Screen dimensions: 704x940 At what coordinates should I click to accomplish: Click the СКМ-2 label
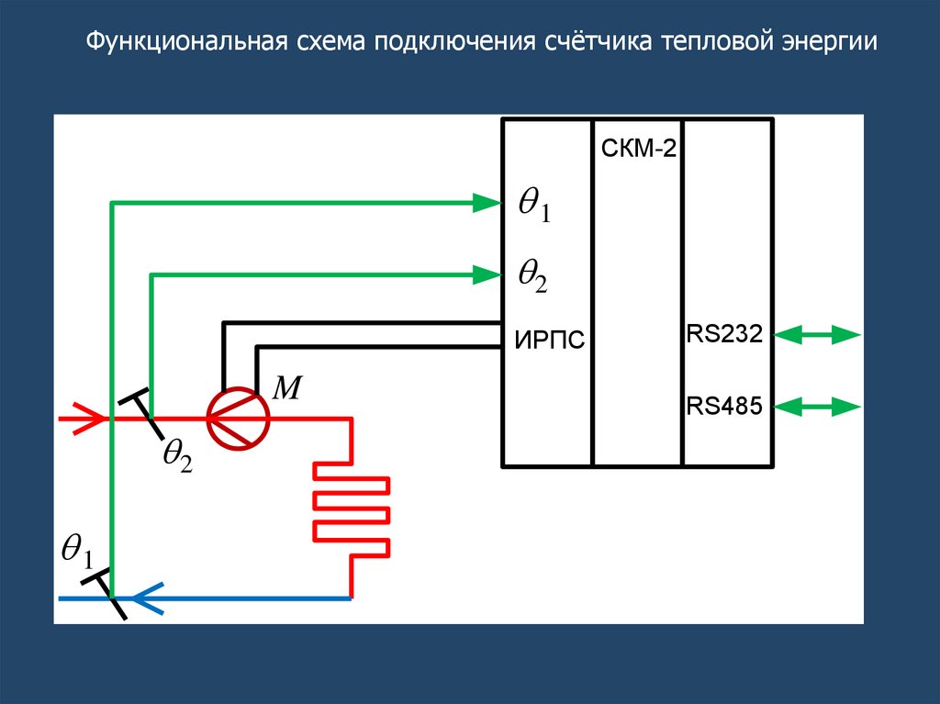[639, 149]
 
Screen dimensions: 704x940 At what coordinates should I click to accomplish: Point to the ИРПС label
[549, 341]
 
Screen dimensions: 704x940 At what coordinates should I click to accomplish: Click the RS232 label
[724, 334]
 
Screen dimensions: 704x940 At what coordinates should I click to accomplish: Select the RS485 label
[724, 405]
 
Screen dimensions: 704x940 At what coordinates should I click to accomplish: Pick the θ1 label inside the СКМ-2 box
[533, 207]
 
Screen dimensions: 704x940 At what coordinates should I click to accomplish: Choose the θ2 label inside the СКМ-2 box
[532, 275]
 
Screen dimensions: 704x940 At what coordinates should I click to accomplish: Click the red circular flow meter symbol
[237, 419]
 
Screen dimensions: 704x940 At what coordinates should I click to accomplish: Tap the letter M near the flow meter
[288, 388]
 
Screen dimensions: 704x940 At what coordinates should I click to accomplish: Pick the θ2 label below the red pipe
[176, 456]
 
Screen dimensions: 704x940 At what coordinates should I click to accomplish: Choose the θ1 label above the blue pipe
[77, 551]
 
